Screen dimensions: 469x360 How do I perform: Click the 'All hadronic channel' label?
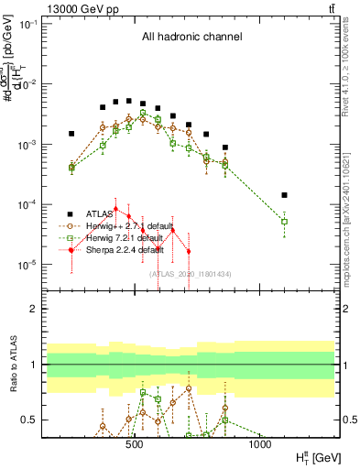(191, 38)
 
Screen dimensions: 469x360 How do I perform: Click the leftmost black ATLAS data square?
(71, 134)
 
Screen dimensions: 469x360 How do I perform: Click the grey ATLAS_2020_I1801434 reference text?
(191, 274)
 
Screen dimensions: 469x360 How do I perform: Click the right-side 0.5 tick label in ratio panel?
(349, 420)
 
